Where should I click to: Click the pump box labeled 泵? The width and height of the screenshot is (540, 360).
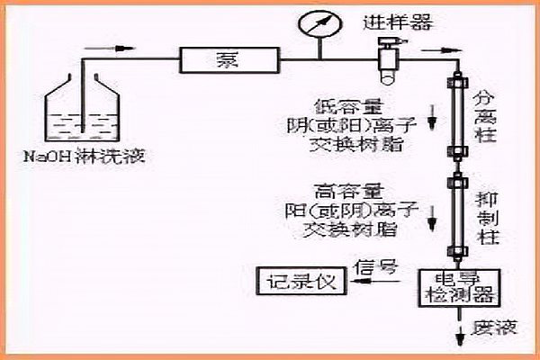(x=225, y=61)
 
